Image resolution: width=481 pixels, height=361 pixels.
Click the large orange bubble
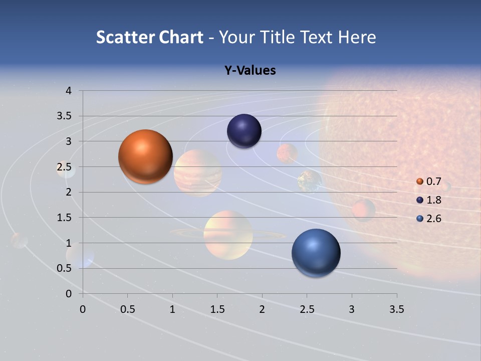click(146, 156)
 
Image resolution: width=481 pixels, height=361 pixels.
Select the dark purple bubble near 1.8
click(244, 131)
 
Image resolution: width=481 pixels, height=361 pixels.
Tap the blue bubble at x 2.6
click(316, 253)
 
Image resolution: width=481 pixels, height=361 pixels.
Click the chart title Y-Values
click(250, 71)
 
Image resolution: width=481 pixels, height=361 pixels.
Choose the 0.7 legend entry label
click(433, 182)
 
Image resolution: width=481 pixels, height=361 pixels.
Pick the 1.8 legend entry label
click(433, 200)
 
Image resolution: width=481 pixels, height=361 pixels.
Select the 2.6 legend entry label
click(433, 219)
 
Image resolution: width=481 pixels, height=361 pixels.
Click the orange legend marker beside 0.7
click(420, 182)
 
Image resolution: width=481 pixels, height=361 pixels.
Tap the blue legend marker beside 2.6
click(420, 219)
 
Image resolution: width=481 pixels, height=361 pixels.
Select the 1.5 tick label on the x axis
click(217, 309)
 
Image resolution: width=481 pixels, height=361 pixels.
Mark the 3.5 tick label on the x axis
click(396, 309)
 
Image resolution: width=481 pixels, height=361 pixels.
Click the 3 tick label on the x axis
click(352, 309)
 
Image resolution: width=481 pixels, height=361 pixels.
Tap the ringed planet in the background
click(228, 235)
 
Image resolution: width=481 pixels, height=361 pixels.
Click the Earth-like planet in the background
click(309, 181)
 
